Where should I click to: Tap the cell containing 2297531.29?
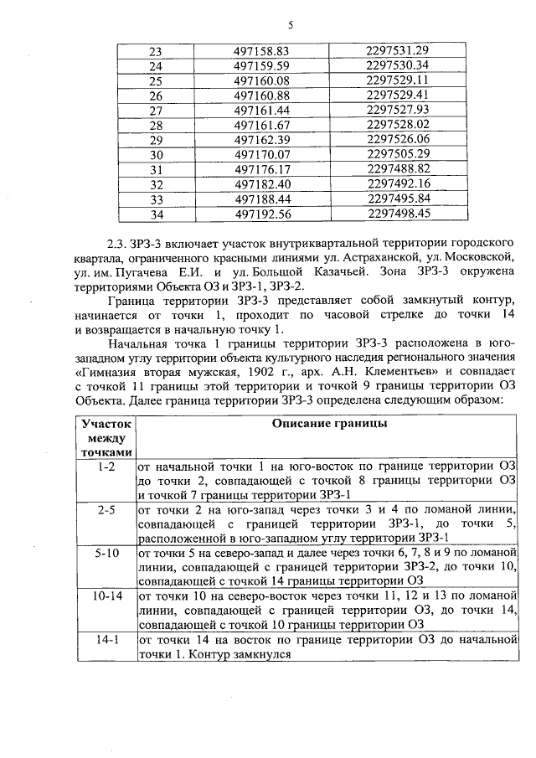tap(398, 52)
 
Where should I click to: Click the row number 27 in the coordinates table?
tap(155, 111)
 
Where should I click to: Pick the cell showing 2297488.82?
tap(398, 168)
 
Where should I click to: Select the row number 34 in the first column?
tap(155, 213)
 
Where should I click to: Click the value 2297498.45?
tap(398, 213)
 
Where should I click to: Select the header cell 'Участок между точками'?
tap(106, 438)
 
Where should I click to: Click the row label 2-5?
tap(106, 509)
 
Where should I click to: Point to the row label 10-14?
tap(106, 596)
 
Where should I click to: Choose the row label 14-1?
tap(106, 640)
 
